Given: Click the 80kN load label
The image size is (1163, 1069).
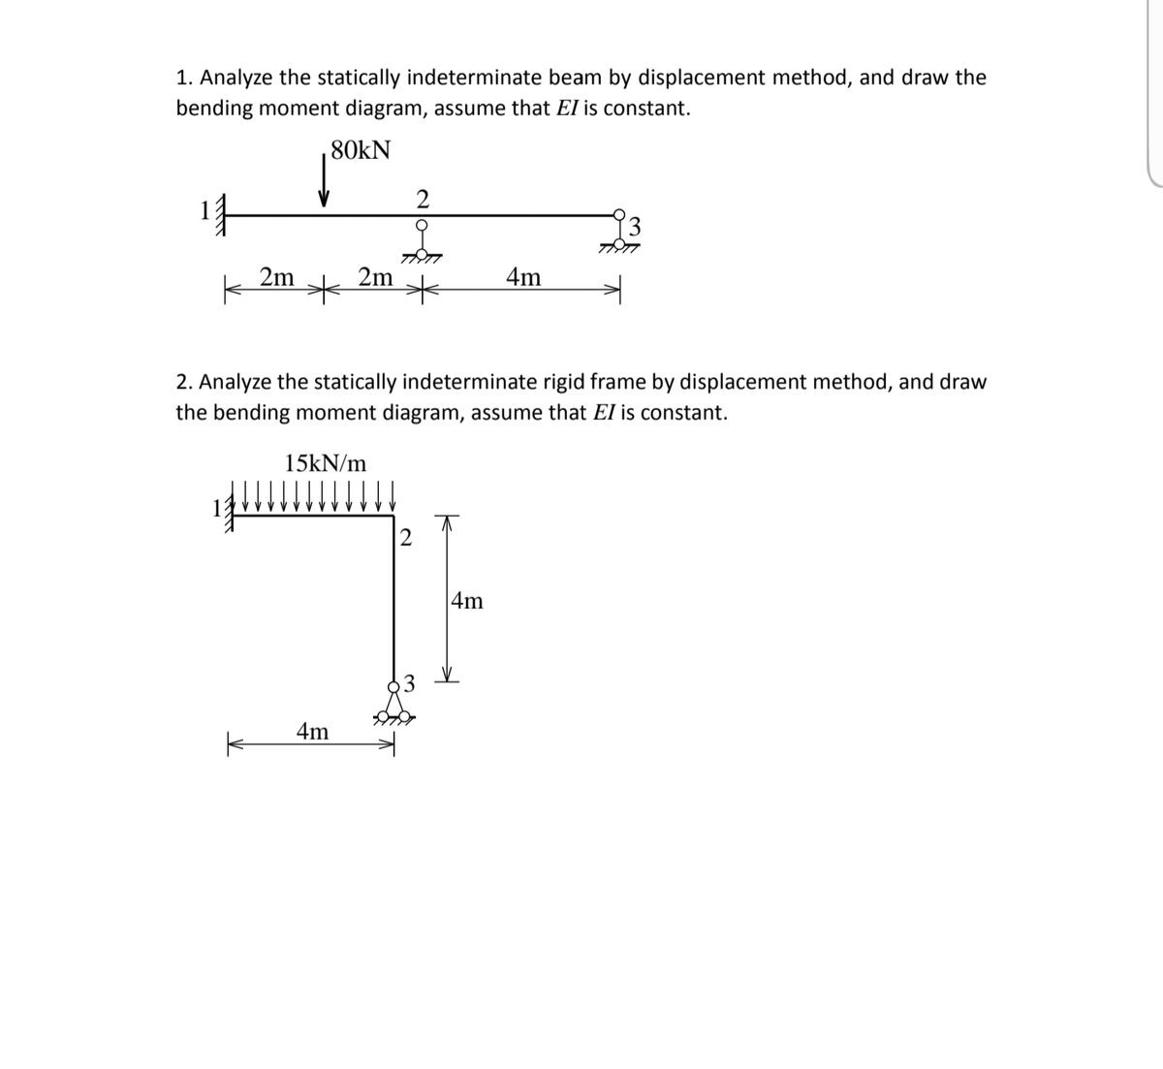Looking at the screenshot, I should click(x=361, y=150).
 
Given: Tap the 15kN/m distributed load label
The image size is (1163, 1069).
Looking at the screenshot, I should click(x=327, y=461).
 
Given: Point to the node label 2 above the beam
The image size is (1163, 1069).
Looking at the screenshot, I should click(x=422, y=199).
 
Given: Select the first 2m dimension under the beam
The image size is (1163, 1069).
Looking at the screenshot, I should click(x=277, y=277).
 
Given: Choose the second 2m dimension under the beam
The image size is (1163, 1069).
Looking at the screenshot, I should click(x=375, y=277).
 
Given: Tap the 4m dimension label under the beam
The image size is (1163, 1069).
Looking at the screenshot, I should click(x=524, y=278).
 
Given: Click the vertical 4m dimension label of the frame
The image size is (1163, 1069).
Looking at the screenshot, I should click(x=467, y=601).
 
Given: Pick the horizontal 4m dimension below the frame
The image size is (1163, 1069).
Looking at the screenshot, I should click(x=312, y=732).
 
